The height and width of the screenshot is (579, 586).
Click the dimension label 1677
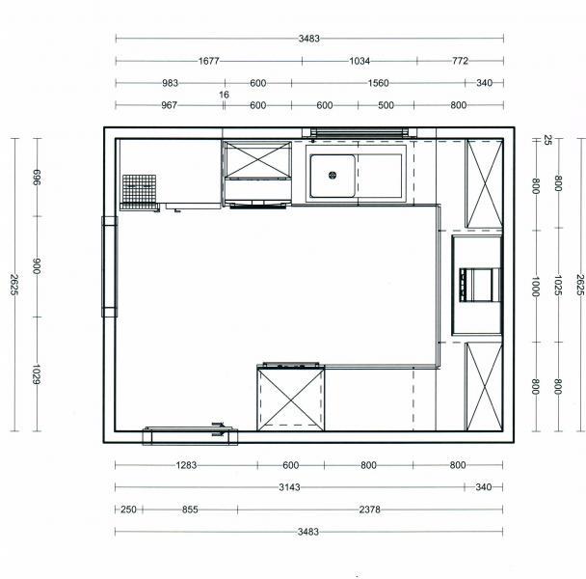click(208, 61)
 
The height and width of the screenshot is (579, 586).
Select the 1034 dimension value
click(360, 61)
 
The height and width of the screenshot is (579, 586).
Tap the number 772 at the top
click(460, 61)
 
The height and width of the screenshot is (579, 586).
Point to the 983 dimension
click(170, 83)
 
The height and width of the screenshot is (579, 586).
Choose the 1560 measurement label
click(378, 83)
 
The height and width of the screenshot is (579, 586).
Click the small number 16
click(224, 95)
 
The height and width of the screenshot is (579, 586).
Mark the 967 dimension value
click(169, 105)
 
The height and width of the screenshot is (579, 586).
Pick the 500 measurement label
click(386, 105)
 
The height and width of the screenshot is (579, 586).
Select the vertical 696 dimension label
click(37, 177)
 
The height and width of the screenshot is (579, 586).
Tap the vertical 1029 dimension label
click(37, 373)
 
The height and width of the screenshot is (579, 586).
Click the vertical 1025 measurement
click(558, 286)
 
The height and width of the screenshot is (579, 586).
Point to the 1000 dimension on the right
click(536, 287)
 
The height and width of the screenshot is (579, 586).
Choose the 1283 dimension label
click(186, 465)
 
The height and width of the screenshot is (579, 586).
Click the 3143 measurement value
click(290, 487)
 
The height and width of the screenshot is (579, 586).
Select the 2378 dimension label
click(369, 510)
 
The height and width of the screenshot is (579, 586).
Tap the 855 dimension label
click(190, 510)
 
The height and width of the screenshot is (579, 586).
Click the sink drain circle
click(333, 175)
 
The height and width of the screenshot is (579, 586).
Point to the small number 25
click(547, 140)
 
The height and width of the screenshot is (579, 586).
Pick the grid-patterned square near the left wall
click(140, 188)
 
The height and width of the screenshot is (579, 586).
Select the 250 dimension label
click(128, 510)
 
